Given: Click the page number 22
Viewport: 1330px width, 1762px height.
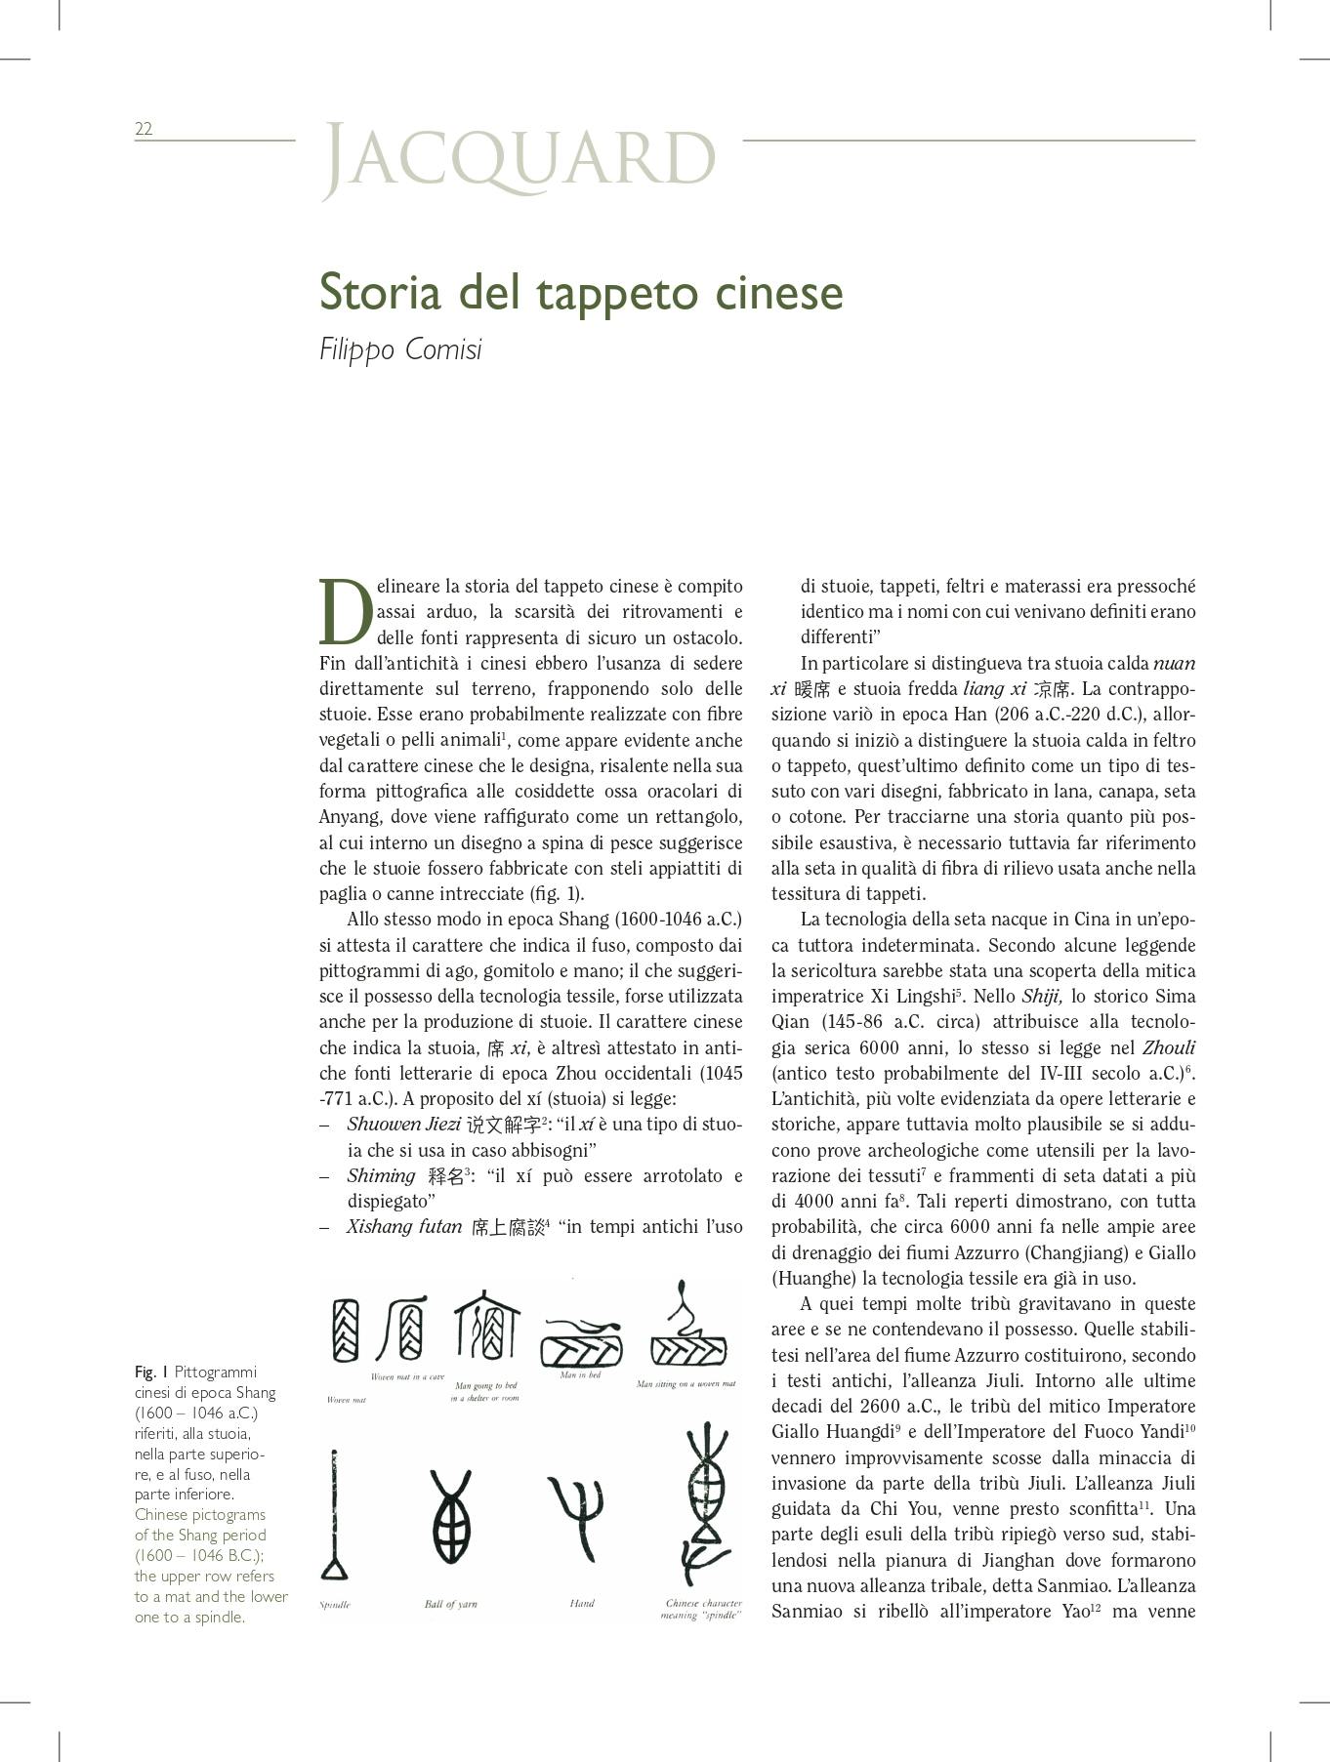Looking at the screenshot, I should [x=144, y=129].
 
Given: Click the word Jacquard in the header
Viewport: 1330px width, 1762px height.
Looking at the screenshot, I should [x=519, y=157].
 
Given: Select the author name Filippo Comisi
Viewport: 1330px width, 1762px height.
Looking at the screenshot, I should [x=400, y=349].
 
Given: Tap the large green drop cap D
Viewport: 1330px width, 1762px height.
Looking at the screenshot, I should [x=345, y=612].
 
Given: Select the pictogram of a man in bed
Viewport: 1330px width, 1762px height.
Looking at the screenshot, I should [x=581, y=1343].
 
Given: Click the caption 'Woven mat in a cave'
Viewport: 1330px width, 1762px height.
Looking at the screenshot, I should [x=407, y=1377].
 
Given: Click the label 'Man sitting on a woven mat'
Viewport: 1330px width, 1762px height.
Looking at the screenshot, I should [x=686, y=1383].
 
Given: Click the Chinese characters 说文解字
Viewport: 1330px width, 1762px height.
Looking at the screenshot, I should [x=503, y=1125].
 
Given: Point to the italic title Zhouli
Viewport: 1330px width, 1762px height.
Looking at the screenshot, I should [x=1168, y=1047].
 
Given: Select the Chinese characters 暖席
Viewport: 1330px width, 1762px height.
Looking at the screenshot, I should [x=812, y=689].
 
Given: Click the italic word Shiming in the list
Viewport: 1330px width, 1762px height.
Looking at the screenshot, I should [x=381, y=1175].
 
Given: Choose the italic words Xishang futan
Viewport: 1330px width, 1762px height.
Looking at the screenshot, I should [x=404, y=1227].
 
